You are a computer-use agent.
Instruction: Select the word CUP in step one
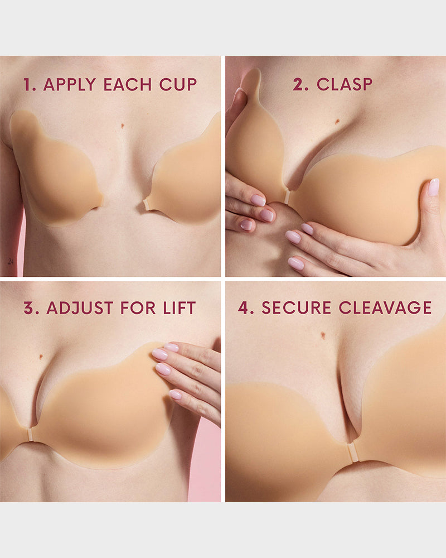[x=178, y=85]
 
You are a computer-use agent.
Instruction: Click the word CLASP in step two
[x=345, y=85]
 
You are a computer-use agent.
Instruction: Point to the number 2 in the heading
[x=300, y=85]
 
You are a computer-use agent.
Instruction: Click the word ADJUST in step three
[x=78, y=307]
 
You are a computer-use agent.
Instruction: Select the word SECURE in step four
[x=292, y=307]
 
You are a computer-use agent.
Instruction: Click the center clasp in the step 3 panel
[x=31, y=435]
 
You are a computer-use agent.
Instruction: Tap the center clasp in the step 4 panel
[x=351, y=453]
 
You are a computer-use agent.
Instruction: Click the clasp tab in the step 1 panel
[x=147, y=205]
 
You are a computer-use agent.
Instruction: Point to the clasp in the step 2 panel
[x=287, y=197]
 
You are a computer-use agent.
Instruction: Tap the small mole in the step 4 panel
[x=323, y=335]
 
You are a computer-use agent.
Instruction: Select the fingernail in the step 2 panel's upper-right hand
[x=433, y=187]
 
